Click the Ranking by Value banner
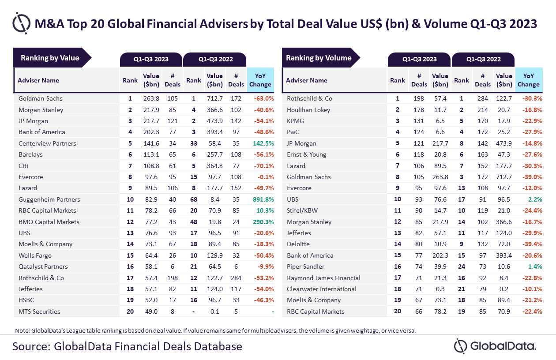(x=50, y=58)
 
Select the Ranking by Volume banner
(x=319, y=58)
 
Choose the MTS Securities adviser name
(x=39, y=311)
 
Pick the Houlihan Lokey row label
(x=308, y=110)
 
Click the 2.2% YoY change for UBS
(x=533, y=199)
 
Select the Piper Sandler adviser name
(x=305, y=266)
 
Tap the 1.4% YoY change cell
(x=533, y=266)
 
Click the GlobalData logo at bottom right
(x=495, y=346)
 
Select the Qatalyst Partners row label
(x=43, y=266)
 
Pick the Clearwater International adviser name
(x=322, y=289)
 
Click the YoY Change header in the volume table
(x=528, y=80)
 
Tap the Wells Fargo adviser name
(x=35, y=255)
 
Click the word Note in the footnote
(x=22, y=330)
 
